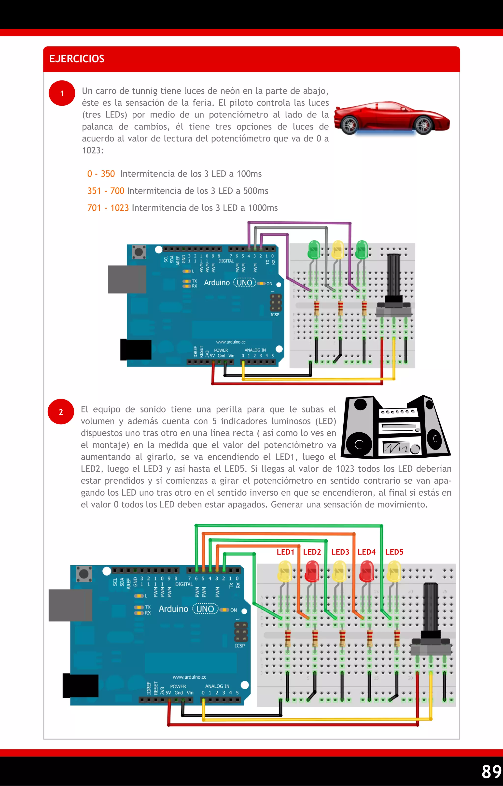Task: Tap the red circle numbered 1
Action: (x=62, y=93)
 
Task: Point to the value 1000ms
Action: (x=263, y=208)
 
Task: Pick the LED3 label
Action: (x=340, y=552)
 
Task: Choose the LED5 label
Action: (x=394, y=552)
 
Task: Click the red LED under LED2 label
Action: (x=312, y=571)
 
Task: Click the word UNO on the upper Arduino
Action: (x=244, y=283)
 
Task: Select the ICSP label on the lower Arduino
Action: (x=239, y=646)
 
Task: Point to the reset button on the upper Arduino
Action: (x=139, y=252)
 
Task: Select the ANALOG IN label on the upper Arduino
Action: (x=255, y=350)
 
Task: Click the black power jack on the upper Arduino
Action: (x=136, y=349)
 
